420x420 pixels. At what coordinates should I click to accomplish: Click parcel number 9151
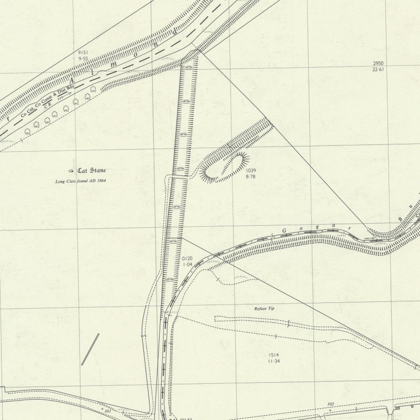point(82,53)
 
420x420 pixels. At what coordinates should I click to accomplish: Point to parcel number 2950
point(378,63)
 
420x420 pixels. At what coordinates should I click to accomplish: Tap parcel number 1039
point(250,171)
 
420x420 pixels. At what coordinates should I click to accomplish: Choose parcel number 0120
point(187,259)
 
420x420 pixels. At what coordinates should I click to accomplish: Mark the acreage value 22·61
point(378,69)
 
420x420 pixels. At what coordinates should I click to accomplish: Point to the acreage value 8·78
point(250,177)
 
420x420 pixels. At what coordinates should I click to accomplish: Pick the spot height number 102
point(330,404)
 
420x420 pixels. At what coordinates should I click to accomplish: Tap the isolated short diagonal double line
point(90,349)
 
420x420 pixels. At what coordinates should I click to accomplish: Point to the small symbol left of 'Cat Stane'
point(71,171)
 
